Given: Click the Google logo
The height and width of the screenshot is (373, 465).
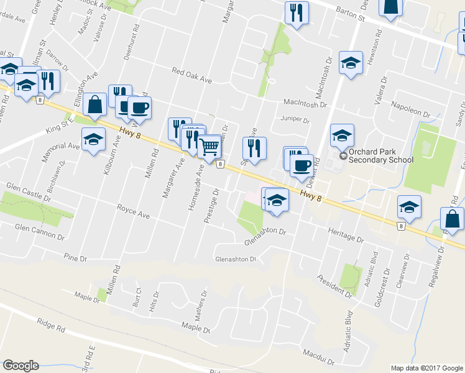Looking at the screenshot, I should [x=21, y=366].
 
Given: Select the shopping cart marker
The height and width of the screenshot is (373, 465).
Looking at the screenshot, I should [x=209, y=147].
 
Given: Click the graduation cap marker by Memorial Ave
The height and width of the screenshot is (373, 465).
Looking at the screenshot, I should [x=93, y=139].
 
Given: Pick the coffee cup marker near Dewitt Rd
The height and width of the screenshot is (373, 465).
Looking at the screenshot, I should [x=302, y=166].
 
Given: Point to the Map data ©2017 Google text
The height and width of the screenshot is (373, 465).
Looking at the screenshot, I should [x=426, y=368].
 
